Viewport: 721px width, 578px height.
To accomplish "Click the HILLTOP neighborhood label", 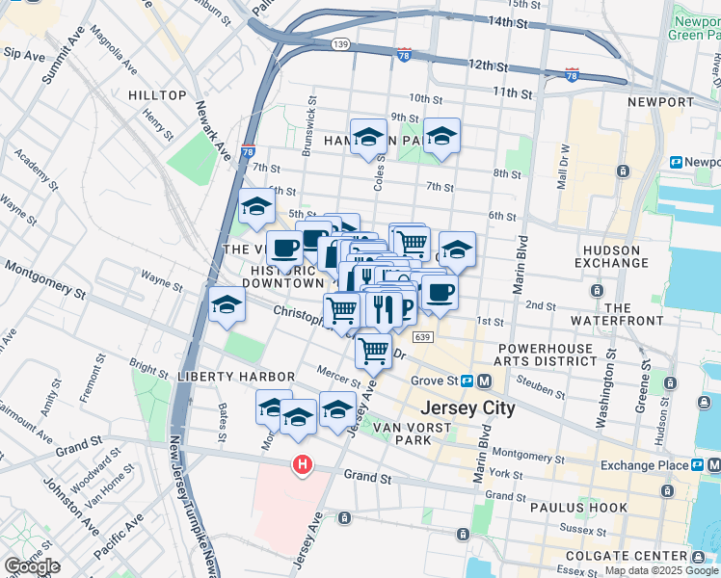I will click(157, 95).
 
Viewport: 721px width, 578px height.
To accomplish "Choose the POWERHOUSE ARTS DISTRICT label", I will click(547, 354).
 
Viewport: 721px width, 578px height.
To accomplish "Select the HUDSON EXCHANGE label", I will click(619, 257).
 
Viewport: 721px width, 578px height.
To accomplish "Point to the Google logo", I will click(32, 566).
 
